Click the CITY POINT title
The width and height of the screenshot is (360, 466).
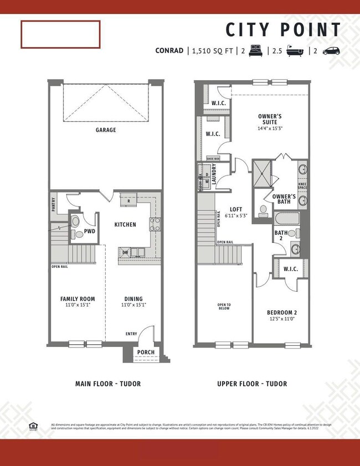point(284,29)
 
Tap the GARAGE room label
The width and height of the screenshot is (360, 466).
point(105,130)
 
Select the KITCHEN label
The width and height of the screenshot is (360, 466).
point(125,225)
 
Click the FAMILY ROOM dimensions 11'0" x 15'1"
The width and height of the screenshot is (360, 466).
point(78,305)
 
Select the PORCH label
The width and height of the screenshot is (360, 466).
point(146,351)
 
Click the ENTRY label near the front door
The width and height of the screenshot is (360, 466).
point(131,334)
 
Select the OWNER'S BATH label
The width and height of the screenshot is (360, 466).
point(283,199)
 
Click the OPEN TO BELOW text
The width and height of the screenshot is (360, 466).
point(224,307)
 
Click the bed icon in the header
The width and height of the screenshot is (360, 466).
point(256,51)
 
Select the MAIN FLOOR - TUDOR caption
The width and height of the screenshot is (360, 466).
point(108,384)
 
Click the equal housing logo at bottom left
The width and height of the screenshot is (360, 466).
point(33,426)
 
